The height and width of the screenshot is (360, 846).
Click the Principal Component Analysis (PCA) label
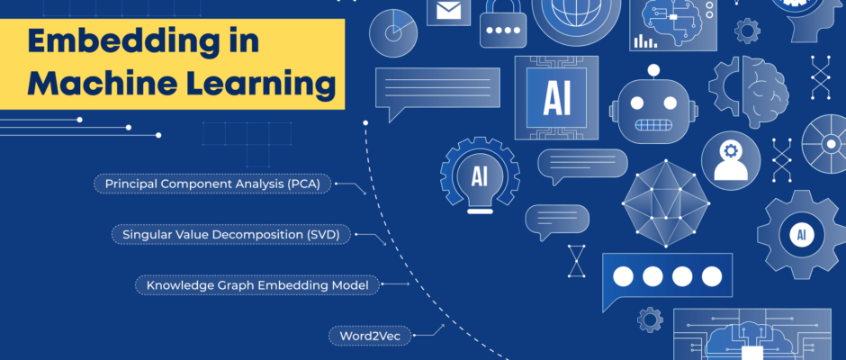(x=212, y=184)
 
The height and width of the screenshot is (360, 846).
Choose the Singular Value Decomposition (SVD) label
(x=230, y=235)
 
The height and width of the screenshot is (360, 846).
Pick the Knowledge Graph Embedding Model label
(x=256, y=285)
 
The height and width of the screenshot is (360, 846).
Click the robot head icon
(x=653, y=108)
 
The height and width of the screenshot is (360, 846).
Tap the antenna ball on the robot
(x=653, y=69)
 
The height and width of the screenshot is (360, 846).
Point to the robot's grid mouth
(x=653, y=125)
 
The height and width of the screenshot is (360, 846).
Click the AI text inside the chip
(x=557, y=99)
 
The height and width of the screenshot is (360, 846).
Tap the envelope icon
(x=448, y=11)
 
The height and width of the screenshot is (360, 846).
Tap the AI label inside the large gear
(x=801, y=234)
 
